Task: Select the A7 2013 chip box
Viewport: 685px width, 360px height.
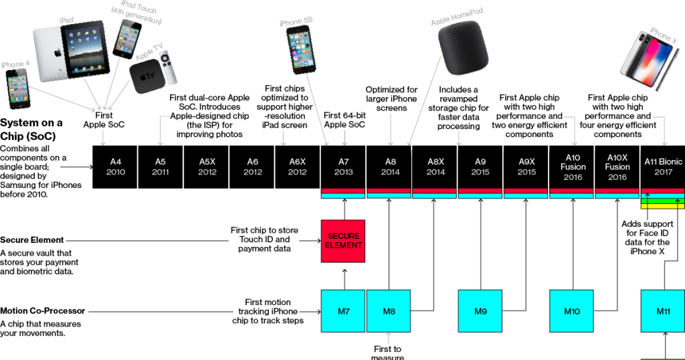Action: [344, 167]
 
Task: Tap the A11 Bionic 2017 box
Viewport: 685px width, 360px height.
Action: [663, 167]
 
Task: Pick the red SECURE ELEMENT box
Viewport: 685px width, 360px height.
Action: [344, 241]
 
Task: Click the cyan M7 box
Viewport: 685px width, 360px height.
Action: [344, 311]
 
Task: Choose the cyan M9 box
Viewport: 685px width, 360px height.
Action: [480, 311]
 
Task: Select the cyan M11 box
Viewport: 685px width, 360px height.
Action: [663, 311]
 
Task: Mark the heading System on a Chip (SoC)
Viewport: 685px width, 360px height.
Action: [32, 128]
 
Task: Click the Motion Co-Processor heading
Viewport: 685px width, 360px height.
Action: [41, 311]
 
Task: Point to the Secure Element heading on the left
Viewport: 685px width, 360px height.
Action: [32, 240]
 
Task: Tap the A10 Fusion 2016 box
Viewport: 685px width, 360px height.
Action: [572, 167]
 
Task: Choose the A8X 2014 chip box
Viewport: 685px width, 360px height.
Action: [435, 167]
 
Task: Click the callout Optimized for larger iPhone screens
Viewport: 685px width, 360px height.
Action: [391, 99]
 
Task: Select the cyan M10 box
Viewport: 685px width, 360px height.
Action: [572, 311]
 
